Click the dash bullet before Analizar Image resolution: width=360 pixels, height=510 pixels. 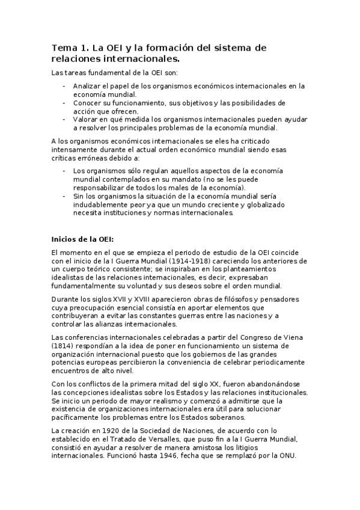pyautogui.click(x=64, y=86)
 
